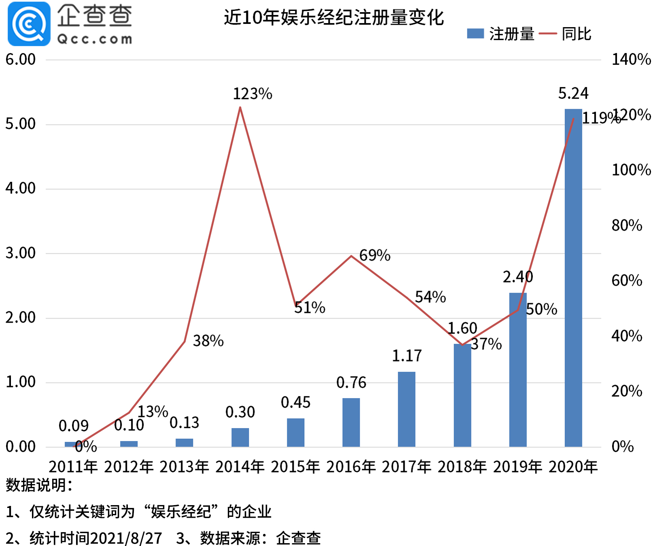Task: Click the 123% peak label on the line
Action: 252,94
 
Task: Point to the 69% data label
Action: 375,255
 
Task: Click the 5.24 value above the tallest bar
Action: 573,93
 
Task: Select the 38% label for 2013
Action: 208,341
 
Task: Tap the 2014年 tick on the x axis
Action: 240,467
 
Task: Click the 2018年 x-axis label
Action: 462,467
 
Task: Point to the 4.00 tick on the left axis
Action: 20,188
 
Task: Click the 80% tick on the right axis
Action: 627,225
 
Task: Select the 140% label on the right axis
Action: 631,59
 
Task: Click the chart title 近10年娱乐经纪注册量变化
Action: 334,17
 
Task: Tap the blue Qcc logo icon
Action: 29,24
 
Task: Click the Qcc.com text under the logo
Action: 95,39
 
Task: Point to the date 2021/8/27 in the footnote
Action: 126,538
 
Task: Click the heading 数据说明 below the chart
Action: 38,485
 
